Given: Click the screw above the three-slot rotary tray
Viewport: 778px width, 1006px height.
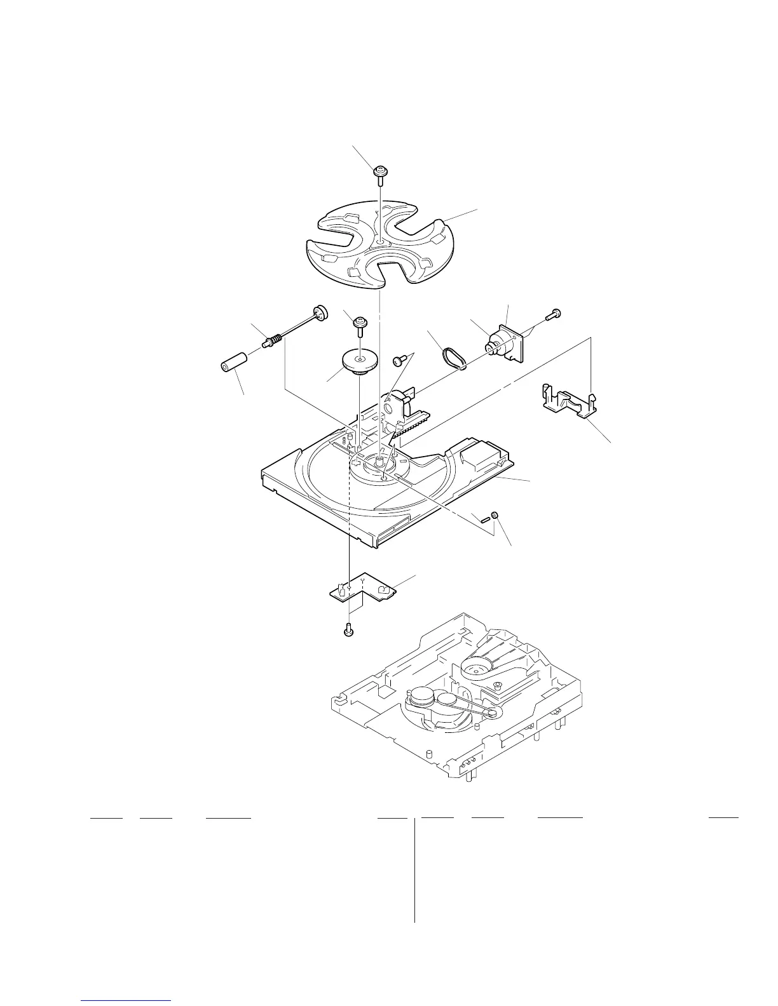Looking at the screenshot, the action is click(380, 173).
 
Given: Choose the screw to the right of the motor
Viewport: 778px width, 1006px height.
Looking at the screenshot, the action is click(554, 313).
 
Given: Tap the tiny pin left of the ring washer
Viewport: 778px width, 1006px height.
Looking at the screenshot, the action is click(486, 519).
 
